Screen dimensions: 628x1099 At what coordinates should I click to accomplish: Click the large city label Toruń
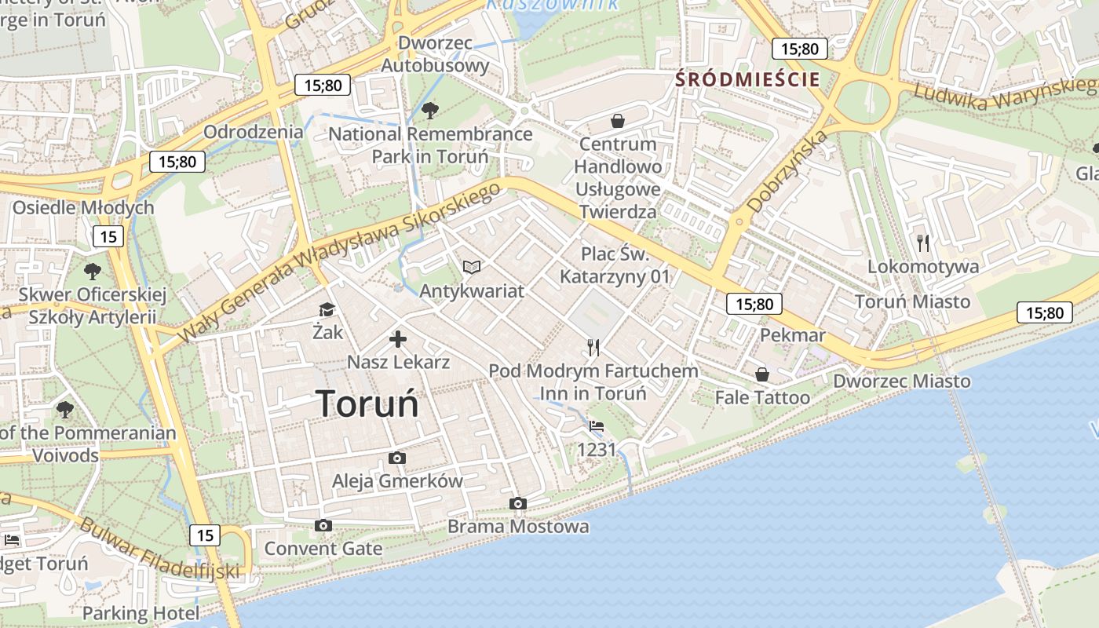(x=367, y=403)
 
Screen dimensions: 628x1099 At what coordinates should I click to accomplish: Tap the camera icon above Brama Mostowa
(x=517, y=503)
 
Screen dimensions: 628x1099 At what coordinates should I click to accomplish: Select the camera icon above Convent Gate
(x=323, y=525)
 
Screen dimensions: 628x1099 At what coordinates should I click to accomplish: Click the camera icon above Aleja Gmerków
(x=397, y=458)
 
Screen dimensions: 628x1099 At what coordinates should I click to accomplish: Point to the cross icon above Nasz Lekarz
(x=398, y=339)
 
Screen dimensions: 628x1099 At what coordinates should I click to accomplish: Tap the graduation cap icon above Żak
(x=327, y=310)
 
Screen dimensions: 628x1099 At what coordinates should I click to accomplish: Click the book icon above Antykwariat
(x=471, y=268)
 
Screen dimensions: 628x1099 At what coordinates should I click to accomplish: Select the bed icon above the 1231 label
(x=597, y=426)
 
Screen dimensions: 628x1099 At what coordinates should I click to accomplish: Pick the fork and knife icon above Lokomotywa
(x=923, y=243)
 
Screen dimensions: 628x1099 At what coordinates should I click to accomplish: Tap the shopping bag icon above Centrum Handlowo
(x=618, y=121)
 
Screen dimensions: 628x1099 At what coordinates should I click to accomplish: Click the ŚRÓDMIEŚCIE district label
(x=747, y=79)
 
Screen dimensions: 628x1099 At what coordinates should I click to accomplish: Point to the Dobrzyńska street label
(x=787, y=172)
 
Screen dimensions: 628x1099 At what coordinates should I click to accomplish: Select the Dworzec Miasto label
(x=902, y=382)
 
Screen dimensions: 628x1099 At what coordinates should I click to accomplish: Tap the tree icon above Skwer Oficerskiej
(x=93, y=272)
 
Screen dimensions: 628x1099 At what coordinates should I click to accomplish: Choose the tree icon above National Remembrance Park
(x=429, y=110)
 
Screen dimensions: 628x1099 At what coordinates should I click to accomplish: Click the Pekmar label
(x=793, y=336)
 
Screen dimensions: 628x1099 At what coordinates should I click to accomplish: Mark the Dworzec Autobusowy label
(x=435, y=54)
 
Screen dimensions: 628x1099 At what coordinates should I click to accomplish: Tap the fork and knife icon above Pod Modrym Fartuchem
(x=593, y=347)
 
